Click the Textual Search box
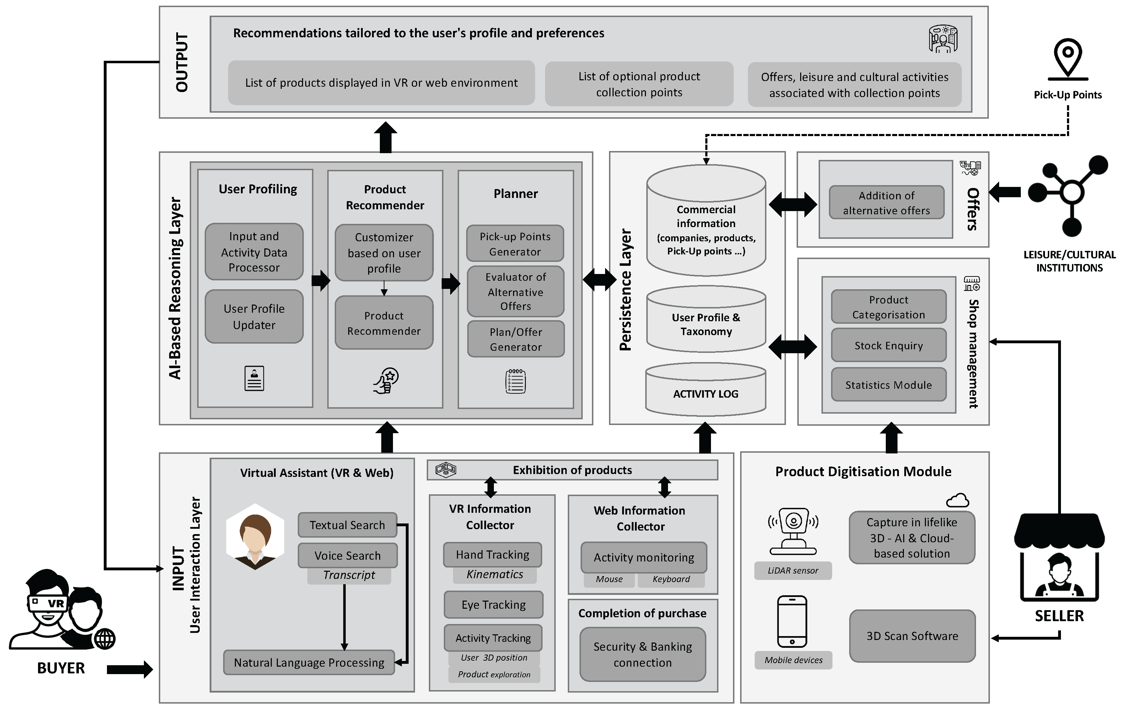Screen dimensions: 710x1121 (x=347, y=525)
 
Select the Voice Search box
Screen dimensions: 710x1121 (x=347, y=555)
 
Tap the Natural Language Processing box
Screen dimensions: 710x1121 (x=309, y=662)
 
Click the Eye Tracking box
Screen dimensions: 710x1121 (x=494, y=604)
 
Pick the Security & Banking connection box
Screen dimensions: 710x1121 (x=642, y=654)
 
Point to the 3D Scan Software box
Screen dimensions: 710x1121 (x=912, y=636)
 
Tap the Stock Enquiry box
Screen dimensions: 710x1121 (x=888, y=345)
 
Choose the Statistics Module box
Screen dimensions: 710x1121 (x=888, y=384)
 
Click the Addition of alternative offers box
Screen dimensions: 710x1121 (x=886, y=203)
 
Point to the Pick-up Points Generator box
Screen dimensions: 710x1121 (x=515, y=243)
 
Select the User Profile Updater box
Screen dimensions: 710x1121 (x=254, y=317)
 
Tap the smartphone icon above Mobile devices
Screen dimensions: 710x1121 (x=792, y=621)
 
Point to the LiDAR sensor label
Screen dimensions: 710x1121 (x=793, y=570)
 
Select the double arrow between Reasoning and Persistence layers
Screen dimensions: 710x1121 (x=600, y=279)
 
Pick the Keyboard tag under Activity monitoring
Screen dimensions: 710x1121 (x=671, y=579)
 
